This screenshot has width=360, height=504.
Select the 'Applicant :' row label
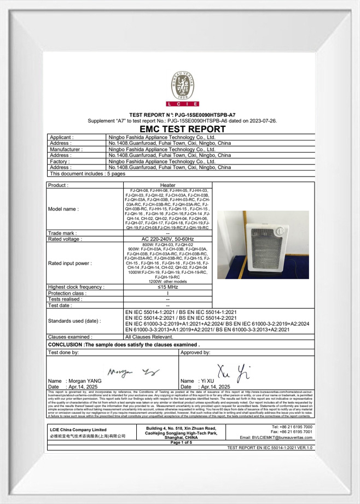(x=62, y=137)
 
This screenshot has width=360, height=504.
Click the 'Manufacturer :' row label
(x=66, y=149)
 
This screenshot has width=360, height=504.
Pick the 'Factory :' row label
(x=61, y=162)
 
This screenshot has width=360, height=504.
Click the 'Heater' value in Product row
(x=167, y=185)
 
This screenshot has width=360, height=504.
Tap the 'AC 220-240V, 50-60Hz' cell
(x=167, y=239)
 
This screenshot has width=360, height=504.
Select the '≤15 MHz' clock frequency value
(x=167, y=286)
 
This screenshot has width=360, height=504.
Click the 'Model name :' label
(x=63, y=209)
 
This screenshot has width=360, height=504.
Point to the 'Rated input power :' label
(x=70, y=263)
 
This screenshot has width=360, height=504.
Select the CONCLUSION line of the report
(x=124, y=345)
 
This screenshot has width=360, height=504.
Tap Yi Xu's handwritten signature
(x=230, y=371)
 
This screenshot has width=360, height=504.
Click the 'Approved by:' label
(x=195, y=353)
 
